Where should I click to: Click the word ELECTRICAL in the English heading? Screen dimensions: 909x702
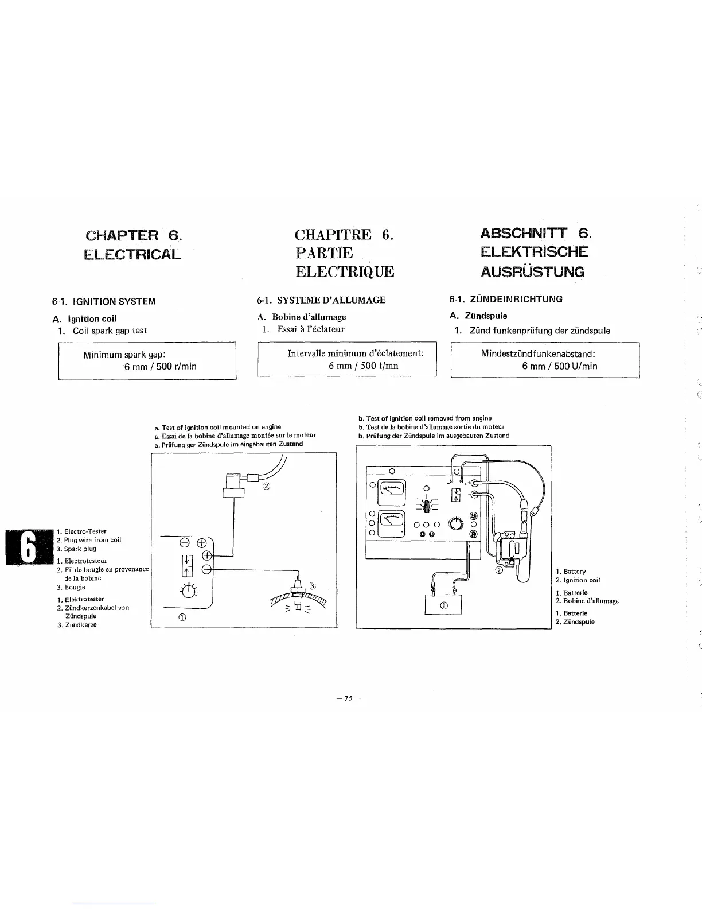132,254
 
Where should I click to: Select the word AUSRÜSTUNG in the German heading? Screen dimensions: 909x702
533,271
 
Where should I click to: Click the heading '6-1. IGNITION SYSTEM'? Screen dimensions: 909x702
104,301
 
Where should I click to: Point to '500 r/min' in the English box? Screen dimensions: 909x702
176,366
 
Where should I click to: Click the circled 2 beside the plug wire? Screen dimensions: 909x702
266,487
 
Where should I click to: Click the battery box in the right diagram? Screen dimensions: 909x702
443,605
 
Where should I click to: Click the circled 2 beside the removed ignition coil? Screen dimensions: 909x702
500,570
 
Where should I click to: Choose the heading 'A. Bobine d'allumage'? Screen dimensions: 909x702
301,317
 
